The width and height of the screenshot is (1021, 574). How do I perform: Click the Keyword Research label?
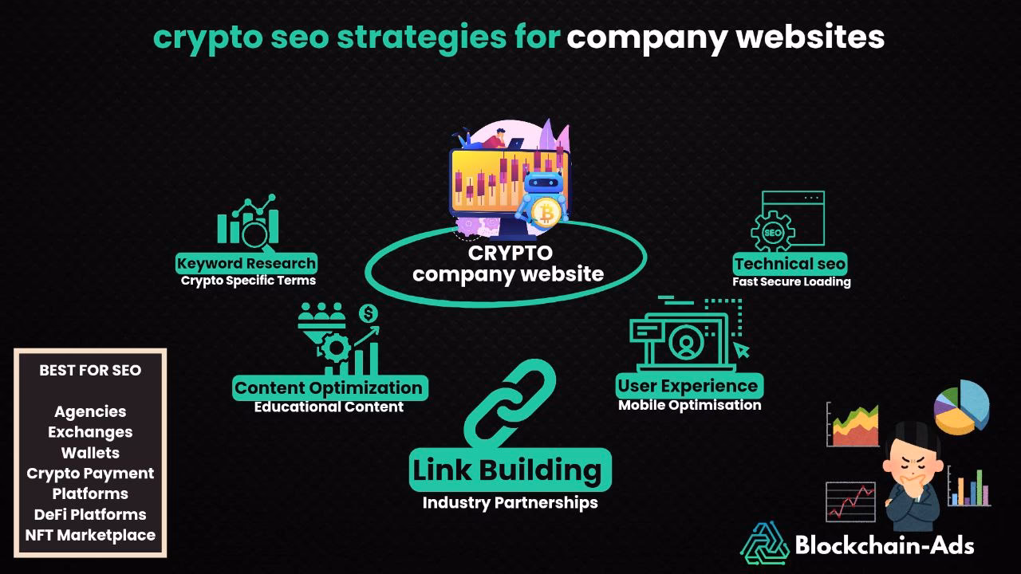pos(246,263)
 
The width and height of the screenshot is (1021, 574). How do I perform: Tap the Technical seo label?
pos(790,264)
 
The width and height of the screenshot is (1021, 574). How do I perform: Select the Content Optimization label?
pos(329,387)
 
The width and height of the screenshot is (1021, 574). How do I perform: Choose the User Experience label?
pos(689,386)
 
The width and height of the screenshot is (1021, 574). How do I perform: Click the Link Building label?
pos(510,470)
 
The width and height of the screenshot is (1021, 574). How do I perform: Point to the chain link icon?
pos(510,404)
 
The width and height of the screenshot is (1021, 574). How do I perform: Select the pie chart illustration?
pos(962,407)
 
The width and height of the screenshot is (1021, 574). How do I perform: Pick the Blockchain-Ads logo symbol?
pos(764,544)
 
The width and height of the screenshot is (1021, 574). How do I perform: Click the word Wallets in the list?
pos(90,453)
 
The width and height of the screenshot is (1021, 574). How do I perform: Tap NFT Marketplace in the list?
pos(90,535)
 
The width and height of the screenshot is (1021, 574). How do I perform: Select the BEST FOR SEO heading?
pos(90,371)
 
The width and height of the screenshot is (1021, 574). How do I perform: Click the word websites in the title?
pos(810,37)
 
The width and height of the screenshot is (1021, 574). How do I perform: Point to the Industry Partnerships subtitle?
pos(510,502)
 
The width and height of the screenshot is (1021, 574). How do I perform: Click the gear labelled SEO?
pos(773,232)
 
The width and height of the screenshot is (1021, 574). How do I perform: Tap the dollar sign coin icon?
pos(369,313)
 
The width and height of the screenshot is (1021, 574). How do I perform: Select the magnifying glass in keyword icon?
pos(255,234)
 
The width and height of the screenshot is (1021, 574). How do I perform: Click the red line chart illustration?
pos(850,501)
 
